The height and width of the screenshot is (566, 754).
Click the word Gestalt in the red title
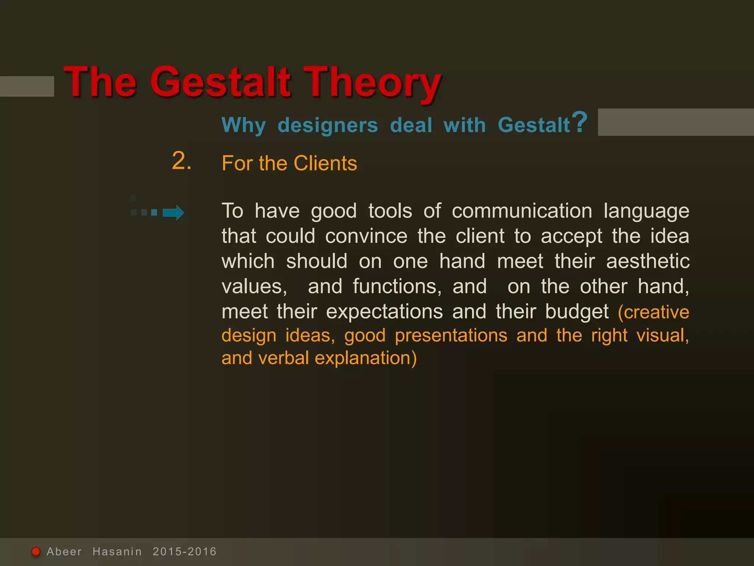[220, 82]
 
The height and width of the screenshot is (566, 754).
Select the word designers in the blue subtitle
[328, 125]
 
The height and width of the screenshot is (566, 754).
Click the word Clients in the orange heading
[325, 163]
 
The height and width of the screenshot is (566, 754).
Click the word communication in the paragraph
[522, 211]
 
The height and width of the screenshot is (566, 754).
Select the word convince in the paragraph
[366, 236]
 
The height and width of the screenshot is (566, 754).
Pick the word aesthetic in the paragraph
[648, 261]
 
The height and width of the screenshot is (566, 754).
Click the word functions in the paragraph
[397, 286]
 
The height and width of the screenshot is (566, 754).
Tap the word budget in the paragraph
[577, 312]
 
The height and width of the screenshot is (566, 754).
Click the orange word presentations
[451, 335]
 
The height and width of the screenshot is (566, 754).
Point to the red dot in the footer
[36, 551]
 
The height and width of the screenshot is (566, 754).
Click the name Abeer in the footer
[64, 552]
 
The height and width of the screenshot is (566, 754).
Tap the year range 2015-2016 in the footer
[184, 552]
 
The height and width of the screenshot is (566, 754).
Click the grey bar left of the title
[27, 86]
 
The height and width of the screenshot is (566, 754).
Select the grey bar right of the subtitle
[676, 122]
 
